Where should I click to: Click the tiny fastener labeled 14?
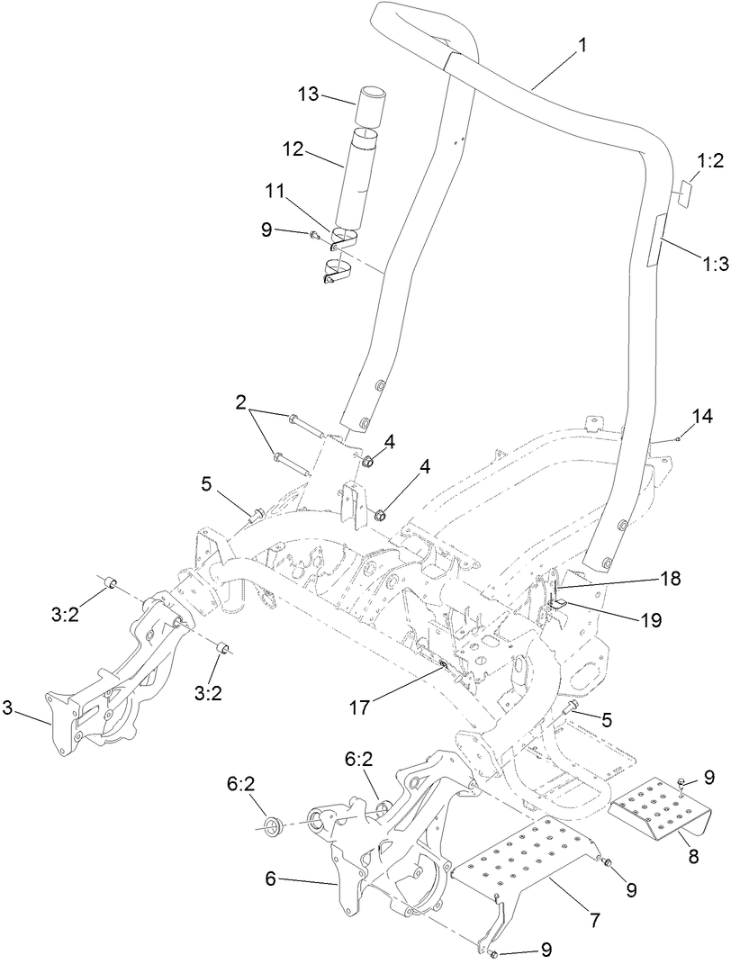tap(676, 438)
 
